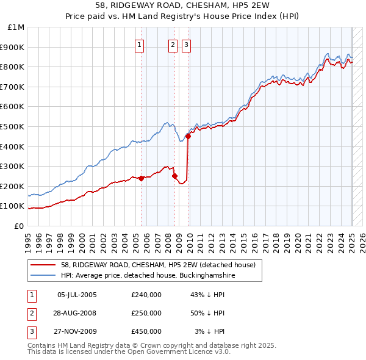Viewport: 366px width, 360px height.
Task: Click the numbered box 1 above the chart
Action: [140, 45]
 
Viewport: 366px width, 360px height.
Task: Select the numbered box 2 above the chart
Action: [173, 45]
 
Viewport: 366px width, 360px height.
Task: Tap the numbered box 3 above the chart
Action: [185, 45]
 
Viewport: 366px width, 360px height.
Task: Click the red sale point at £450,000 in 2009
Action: [188, 137]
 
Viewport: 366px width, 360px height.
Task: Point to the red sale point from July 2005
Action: [141, 178]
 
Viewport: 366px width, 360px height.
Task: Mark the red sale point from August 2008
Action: [175, 176]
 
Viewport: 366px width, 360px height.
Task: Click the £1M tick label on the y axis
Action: [16, 27]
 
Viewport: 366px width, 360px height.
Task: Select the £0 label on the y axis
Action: [20, 226]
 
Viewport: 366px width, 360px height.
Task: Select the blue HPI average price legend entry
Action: [147, 275]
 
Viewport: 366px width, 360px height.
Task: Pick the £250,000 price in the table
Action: [146, 313]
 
